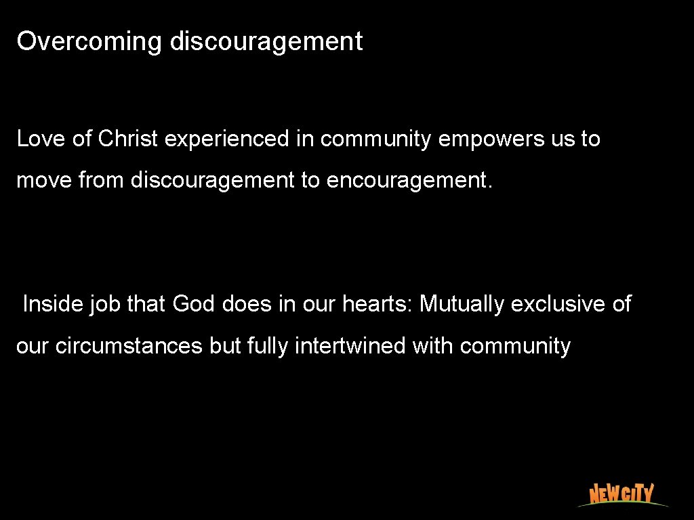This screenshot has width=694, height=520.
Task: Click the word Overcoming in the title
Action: [x=89, y=42]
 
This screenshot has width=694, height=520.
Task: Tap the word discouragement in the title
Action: [x=266, y=42]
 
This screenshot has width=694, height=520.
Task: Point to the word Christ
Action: [x=128, y=139]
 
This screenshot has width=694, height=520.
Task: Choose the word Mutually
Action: [x=462, y=305]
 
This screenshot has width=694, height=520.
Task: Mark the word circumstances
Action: [x=129, y=346]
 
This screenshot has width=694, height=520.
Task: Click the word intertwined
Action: [x=351, y=346]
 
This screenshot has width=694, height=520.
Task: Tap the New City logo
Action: [x=621, y=494]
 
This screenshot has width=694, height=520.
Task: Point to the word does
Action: [x=246, y=304]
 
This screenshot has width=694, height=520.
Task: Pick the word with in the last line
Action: [x=433, y=346]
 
